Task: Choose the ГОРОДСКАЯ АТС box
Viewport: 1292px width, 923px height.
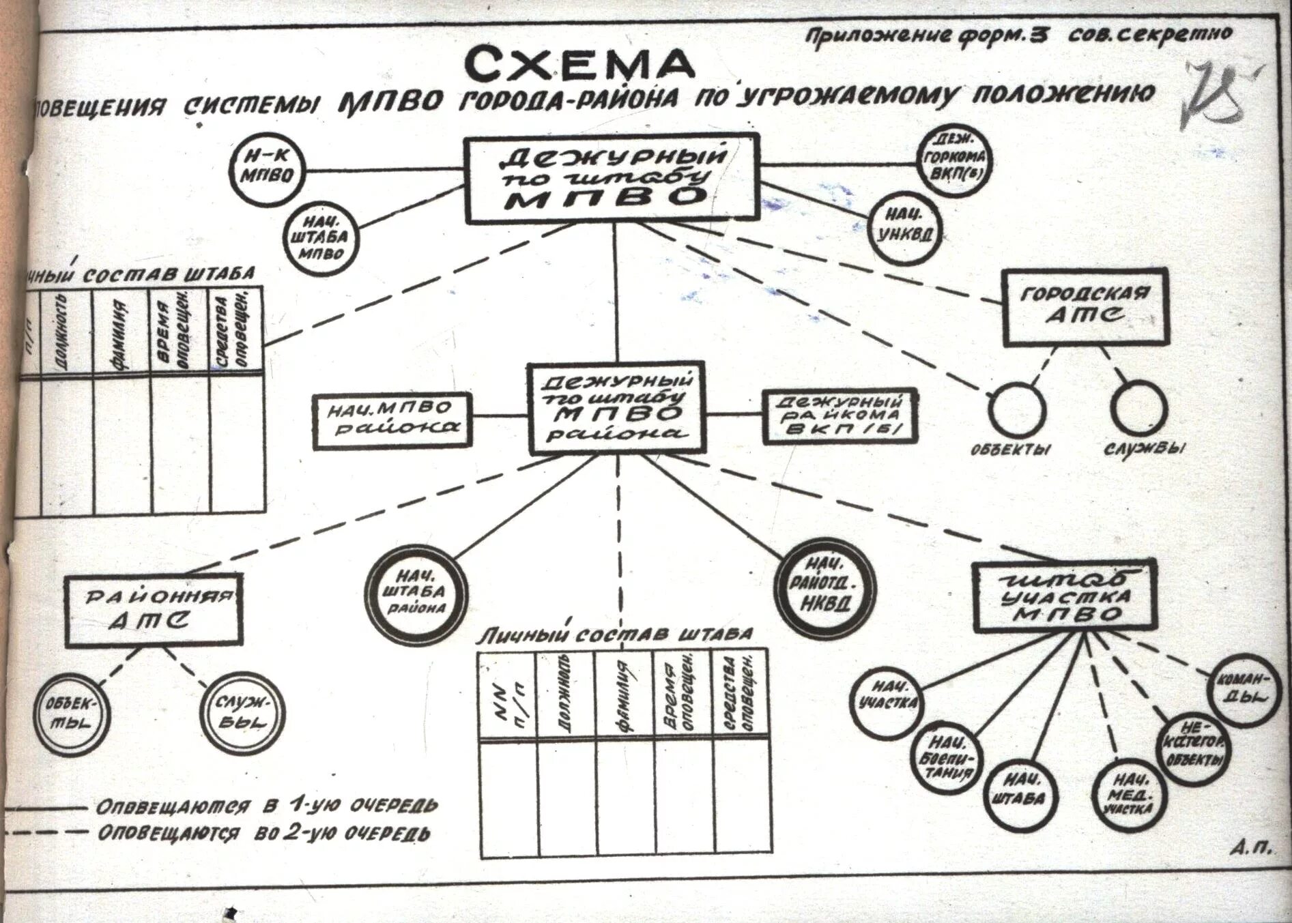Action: point(1085,306)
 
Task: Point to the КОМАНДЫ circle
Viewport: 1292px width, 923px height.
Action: point(1239,689)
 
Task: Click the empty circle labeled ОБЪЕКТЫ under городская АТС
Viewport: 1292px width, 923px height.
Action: point(1017,409)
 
